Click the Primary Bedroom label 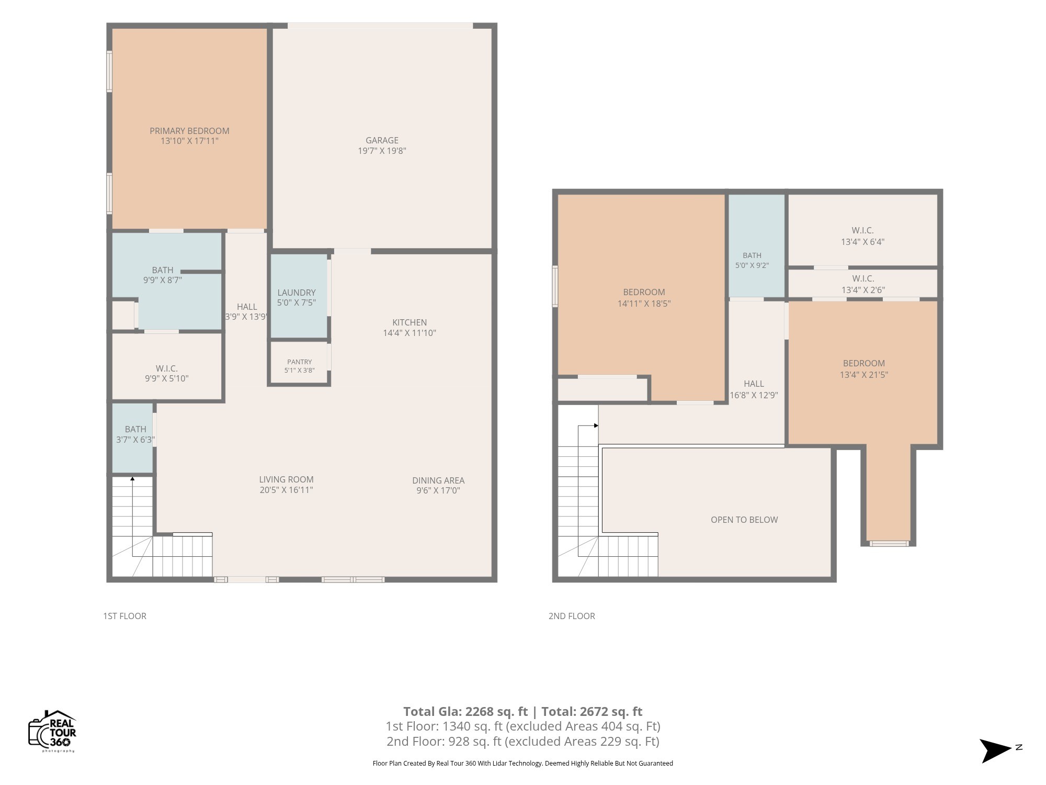click(189, 131)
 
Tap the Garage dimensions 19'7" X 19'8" click(382, 151)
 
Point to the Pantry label click(299, 362)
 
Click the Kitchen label click(410, 322)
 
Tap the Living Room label click(286, 479)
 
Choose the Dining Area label click(438, 480)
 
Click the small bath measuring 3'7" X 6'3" click(133, 438)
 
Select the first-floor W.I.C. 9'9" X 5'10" click(167, 366)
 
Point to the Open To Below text click(744, 520)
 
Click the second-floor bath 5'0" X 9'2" click(757, 245)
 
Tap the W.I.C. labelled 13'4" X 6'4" click(862, 230)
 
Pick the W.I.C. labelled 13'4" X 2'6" click(862, 284)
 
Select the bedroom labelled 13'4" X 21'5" click(863, 369)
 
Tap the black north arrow click(995, 750)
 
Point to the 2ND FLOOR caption click(572, 616)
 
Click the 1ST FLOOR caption click(124, 616)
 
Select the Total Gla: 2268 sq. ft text click(465, 711)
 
